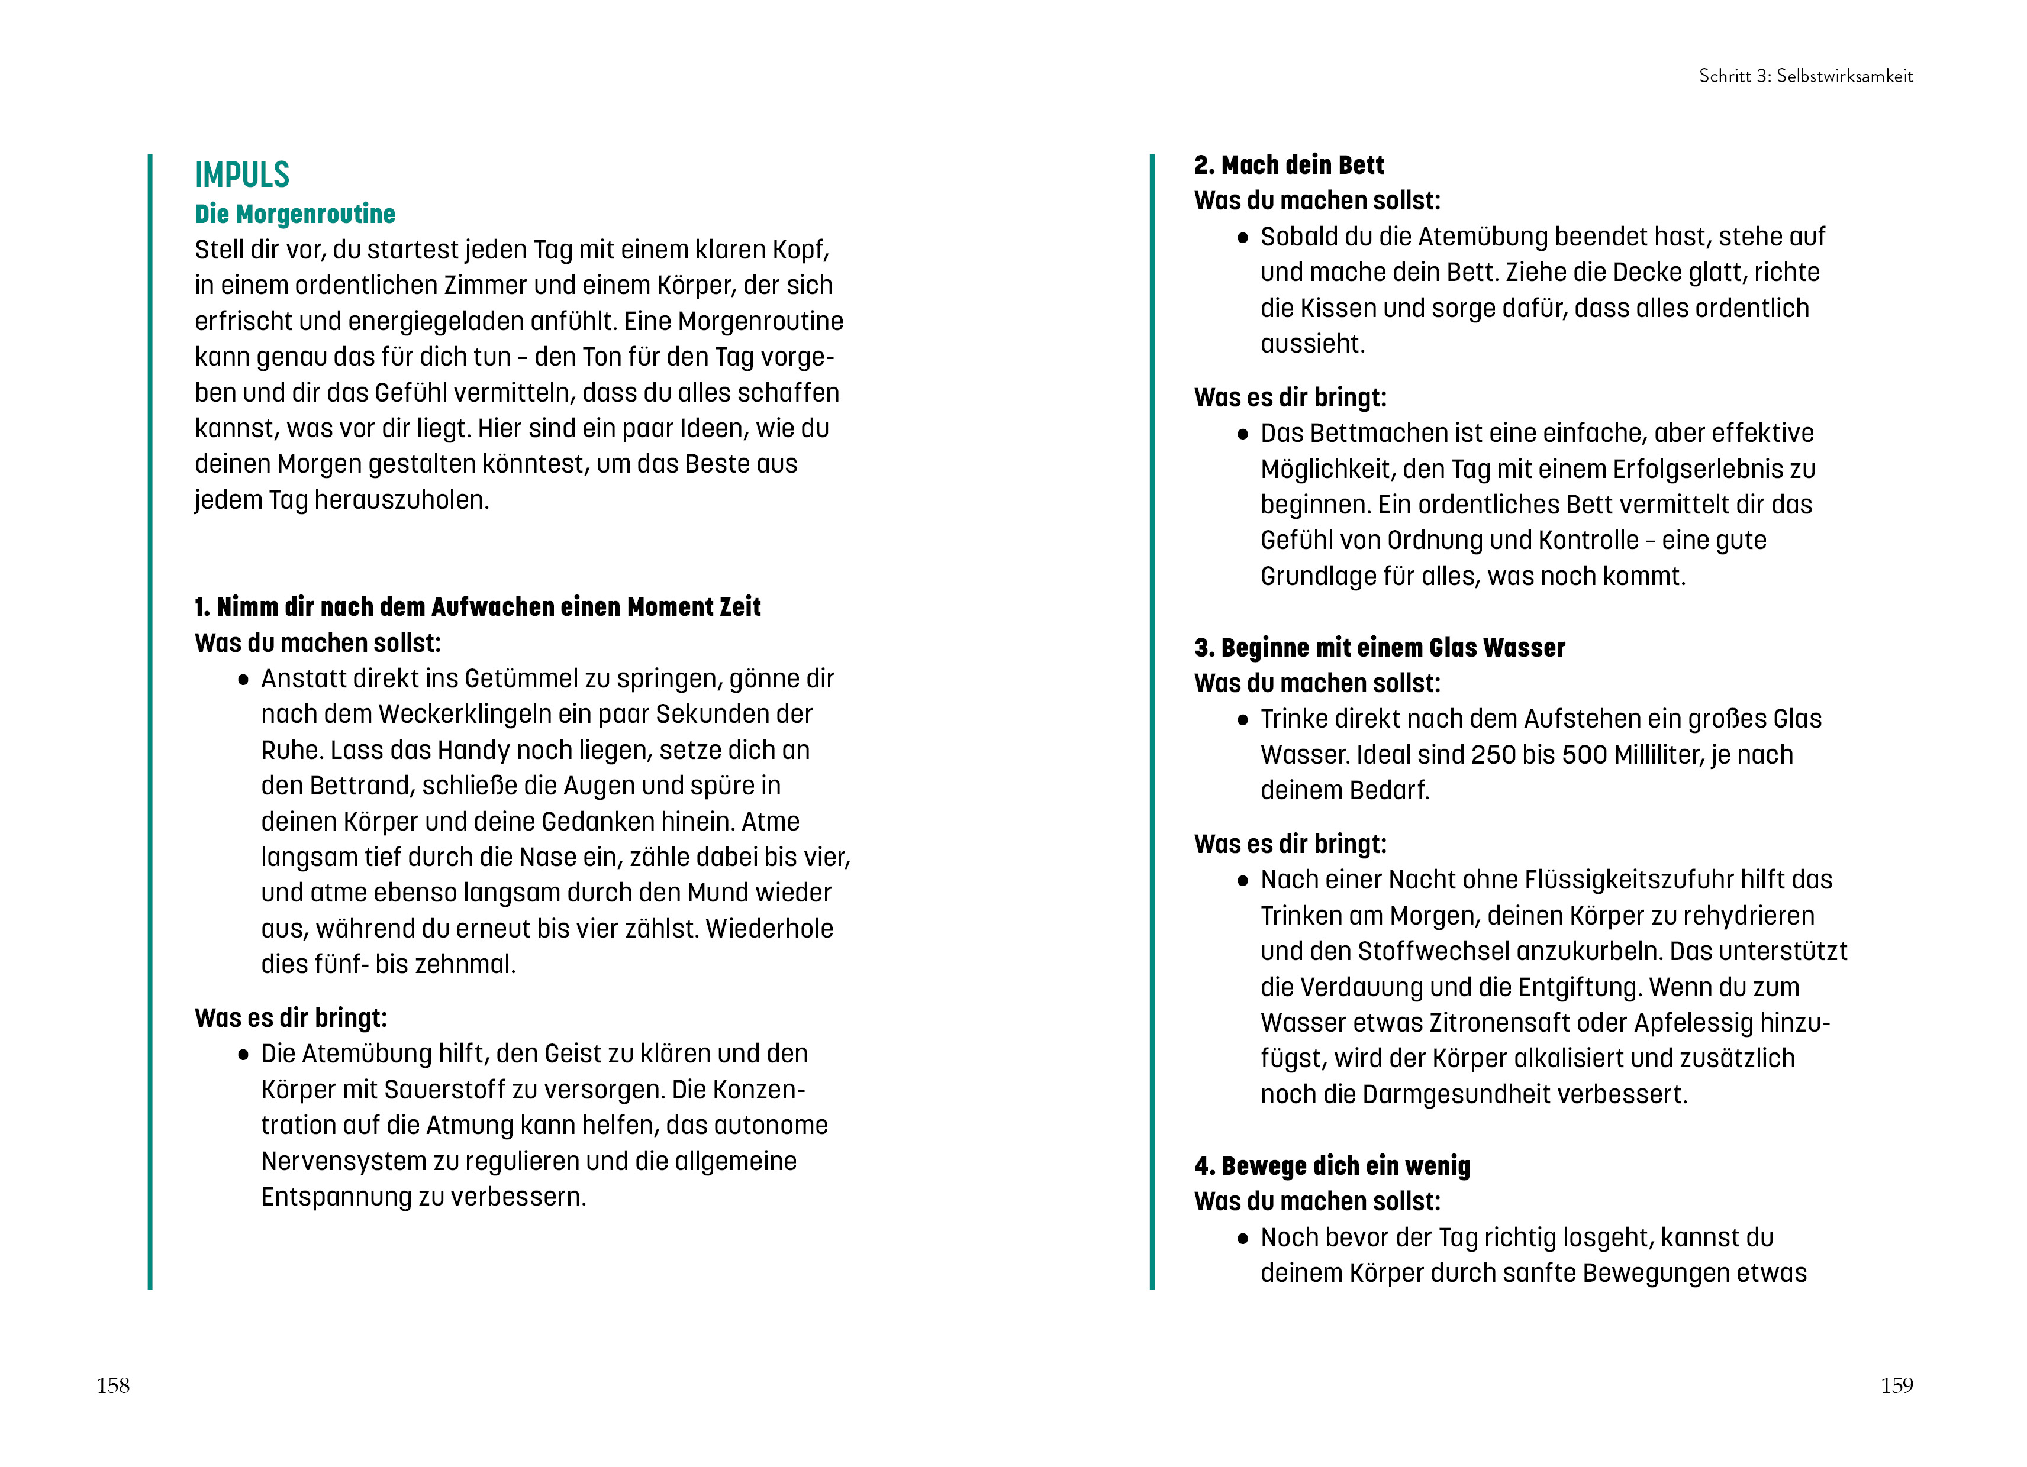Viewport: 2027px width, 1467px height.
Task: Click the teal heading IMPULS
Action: point(242,175)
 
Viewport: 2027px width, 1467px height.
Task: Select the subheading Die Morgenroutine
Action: point(295,214)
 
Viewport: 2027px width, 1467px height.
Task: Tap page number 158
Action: point(114,1386)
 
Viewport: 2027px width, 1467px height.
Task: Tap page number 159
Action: point(1897,1386)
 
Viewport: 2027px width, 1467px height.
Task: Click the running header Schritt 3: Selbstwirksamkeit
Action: point(1805,76)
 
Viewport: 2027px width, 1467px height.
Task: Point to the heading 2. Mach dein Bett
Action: point(1289,165)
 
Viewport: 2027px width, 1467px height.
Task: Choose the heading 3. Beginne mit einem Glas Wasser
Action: point(1379,648)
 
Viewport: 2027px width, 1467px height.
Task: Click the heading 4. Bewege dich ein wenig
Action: point(1332,1166)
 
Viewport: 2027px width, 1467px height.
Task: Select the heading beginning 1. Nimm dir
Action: point(477,608)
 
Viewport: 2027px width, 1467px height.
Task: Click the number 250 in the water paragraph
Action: point(1493,755)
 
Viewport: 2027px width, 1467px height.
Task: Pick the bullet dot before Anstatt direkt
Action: point(243,680)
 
